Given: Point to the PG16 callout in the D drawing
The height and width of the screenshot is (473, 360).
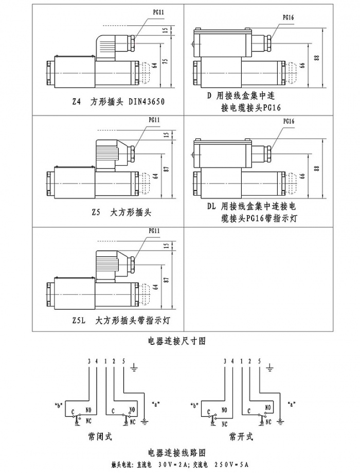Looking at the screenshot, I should coord(289,17).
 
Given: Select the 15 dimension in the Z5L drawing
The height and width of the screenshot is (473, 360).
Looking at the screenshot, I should coord(166,247).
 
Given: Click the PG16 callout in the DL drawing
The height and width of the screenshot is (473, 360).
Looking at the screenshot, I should coord(289,122).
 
